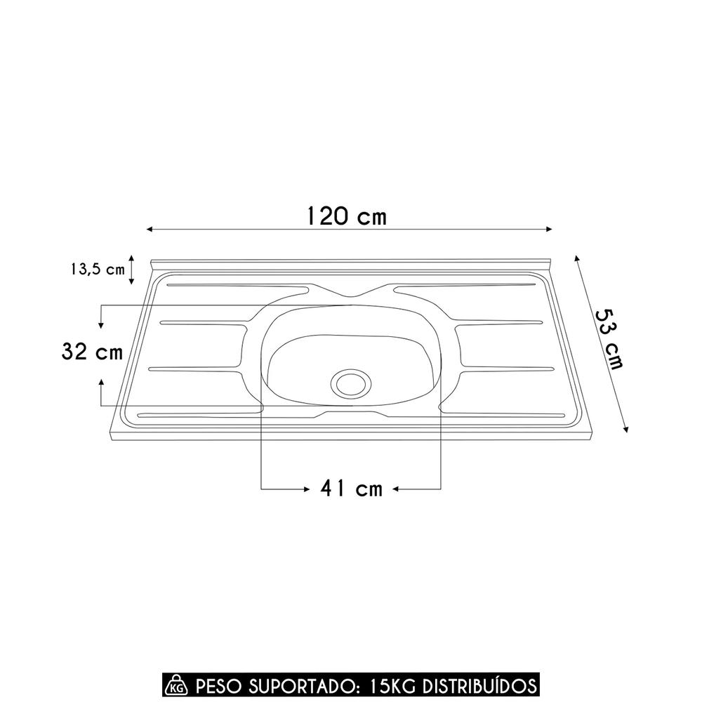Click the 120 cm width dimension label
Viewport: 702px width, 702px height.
[346, 216]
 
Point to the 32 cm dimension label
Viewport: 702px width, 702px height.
[92, 352]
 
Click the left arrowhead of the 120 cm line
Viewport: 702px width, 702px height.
[150, 230]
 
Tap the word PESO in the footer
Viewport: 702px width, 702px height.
[217, 684]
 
